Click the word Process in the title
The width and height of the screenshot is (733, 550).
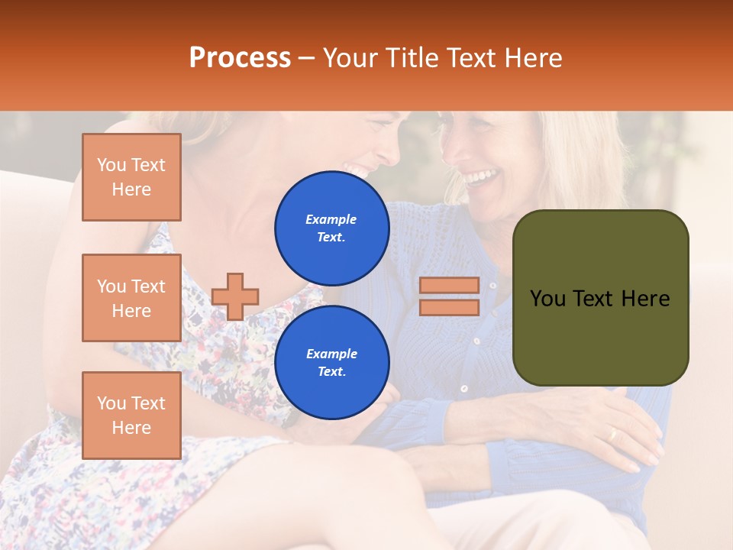pyautogui.click(x=240, y=57)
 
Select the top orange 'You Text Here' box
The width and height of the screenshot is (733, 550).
pyautogui.click(x=131, y=177)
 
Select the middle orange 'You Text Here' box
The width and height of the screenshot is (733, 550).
pyautogui.click(x=131, y=298)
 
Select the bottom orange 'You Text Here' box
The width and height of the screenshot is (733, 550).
pyautogui.click(x=131, y=415)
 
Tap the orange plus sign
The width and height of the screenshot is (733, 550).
pyautogui.click(x=235, y=296)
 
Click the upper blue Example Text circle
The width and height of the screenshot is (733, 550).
pyautogui.click(x=331, y=228)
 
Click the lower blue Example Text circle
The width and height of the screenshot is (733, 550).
pyautogui.click(x=331, y=363)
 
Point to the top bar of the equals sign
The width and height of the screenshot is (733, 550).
pyautogui.click(x=449, y=285)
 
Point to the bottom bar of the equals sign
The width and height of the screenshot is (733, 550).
pyautogui.click(x=449, y=307)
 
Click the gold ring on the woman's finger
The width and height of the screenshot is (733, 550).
pyautogui.click(x=612, y=434)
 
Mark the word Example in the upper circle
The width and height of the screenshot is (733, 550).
pyautogui.click(x=331, y=219)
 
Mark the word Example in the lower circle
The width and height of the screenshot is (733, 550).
pyautogui.click(x=331, y=354)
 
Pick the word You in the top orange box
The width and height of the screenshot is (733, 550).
pyautogui.click(x=111, y=165)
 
